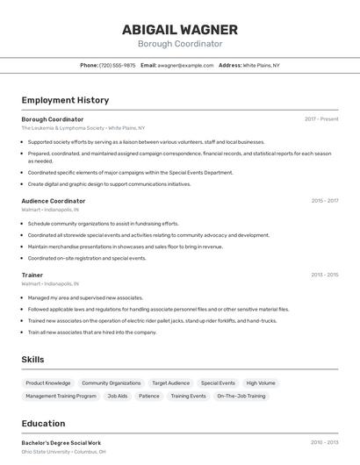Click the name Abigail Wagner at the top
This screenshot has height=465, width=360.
coord(180,29)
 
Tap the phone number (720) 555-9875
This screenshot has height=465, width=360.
coord(118,65)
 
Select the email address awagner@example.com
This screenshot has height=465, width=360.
coord(186,65)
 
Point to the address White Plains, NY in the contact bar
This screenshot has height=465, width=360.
coord(261,65)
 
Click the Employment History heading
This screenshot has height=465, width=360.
coord(65,100)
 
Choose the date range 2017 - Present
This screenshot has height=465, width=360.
coord(321,119)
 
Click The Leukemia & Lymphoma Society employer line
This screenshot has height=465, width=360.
coord(83,128)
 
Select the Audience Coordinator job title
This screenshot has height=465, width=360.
coord(54,201)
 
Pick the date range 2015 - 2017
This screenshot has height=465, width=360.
coord(324,201)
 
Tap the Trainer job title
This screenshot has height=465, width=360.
coord(32,275)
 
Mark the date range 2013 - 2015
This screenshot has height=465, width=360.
coord(324,275)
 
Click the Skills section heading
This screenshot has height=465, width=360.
coord(32,359)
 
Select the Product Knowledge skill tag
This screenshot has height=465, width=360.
coord(48,383)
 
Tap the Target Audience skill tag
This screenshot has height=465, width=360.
coord(170,383)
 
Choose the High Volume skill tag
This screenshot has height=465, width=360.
coord(261,383)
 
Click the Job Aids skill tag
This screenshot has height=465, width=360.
coord(118,397)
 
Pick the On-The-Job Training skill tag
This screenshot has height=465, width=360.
coord(241,397)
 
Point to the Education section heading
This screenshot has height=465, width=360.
coord(44,423)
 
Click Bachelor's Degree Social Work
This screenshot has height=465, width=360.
coord(61,443)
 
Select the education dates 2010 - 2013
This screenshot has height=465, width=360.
coord(324,443)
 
